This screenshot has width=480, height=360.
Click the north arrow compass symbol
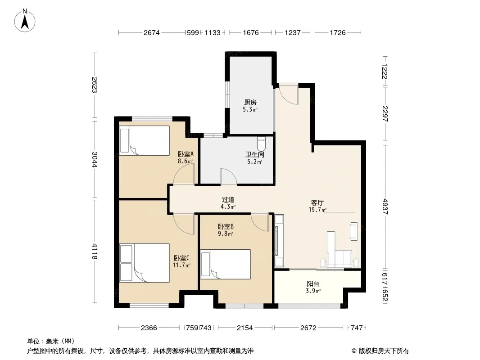coord(25,21)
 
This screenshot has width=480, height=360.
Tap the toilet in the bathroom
coord(261,144)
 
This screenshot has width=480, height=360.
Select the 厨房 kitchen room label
coord(250,103)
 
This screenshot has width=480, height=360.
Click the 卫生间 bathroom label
coord(254,154)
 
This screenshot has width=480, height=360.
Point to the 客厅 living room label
coord(317,202)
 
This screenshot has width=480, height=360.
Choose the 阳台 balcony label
coord(313,284)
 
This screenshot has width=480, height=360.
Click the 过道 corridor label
coord(228,200)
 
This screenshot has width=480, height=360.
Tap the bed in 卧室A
coord(145,140)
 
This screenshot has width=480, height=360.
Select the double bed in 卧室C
coord(145,263)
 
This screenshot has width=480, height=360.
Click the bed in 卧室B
coord(226,264)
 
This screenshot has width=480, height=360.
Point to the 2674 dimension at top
coord(152,32)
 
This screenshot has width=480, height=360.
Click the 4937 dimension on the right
coord(385,207)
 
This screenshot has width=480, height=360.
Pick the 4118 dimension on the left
coord(95,252)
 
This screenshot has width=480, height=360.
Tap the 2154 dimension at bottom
coord(245,328)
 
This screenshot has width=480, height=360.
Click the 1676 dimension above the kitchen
coord(251,32)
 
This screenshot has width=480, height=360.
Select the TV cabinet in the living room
coord(279,240)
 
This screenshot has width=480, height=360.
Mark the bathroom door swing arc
coord(229,176)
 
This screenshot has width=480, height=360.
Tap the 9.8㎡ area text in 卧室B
coord(225,234)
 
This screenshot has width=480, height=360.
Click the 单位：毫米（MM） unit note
coord(50,341)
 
